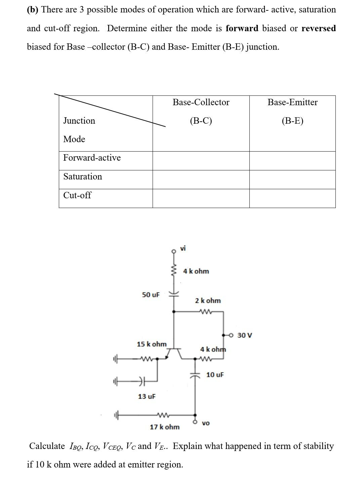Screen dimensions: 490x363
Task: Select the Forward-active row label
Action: [x=92, y=158]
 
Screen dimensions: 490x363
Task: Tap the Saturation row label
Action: [x=83, y=176]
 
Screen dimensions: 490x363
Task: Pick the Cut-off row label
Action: [x=77, y=195]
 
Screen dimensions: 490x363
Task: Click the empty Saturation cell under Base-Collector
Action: [x=201, y=179]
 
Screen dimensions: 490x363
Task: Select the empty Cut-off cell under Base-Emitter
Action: [x=292, y=198]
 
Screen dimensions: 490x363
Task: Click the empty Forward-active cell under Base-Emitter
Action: [x=292, y=161]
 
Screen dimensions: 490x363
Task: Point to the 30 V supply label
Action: [x=245, y=335]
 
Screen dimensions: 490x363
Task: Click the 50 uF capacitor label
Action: [x=151, y=295]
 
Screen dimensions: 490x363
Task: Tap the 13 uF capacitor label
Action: [x=147, y=397]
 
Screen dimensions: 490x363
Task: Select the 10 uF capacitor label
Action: [x=215, y=375]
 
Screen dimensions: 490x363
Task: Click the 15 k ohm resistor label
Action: [x=152, y=344]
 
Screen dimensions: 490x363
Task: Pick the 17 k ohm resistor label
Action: [x=164, y=427]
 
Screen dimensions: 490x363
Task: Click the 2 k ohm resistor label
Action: [x=208, y=300]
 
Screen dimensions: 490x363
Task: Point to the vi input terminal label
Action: [x=183, y=248]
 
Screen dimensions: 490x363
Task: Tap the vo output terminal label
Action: [x=206, y=423]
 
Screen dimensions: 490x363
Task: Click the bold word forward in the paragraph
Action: [x=242, y=28]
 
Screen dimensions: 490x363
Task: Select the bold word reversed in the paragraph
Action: [x=318, y=28]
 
